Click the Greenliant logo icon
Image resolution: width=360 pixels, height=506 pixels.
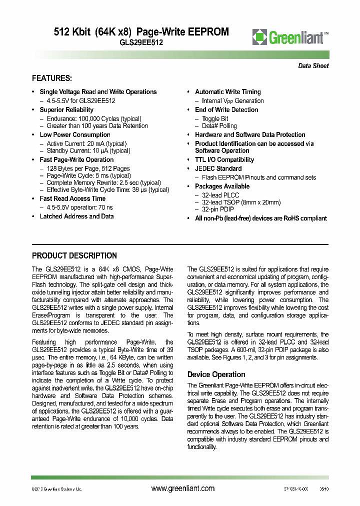coord(259,37)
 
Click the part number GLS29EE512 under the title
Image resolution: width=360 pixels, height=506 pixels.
coord(141,43)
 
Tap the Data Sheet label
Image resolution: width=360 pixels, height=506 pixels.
coord(313,66)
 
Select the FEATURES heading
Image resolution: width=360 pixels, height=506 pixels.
coord(52,78)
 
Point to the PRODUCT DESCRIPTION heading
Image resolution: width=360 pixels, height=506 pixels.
coord(74,255)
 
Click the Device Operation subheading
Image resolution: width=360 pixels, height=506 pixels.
coord(216,374)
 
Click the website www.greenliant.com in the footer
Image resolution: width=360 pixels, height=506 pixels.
coord(182,488)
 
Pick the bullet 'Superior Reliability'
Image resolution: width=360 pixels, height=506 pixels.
coord(66,110)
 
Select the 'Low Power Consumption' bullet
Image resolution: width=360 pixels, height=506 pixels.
coord(75,135)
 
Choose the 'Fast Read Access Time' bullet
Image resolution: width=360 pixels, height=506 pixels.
coord(72,199)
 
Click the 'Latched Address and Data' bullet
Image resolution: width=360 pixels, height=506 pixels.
coord(76,216)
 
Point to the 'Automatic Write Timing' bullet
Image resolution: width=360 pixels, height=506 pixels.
coord(227,92)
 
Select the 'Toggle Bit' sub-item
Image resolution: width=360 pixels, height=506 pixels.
coord(215,119)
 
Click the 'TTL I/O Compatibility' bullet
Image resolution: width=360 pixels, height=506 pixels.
coord(224,160)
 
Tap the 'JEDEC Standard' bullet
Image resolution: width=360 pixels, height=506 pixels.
coord(218,169)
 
